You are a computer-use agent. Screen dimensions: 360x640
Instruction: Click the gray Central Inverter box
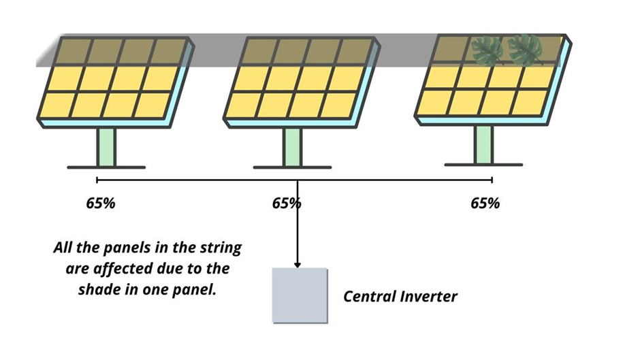tap(300, 295)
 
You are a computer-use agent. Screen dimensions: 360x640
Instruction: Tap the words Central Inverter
tap(400, 296)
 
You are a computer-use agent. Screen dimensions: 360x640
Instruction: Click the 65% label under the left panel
tap(100, 203)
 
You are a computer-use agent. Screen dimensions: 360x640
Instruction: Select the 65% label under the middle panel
tap(286, 203)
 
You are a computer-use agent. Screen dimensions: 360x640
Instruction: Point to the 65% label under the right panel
tap(485, 203)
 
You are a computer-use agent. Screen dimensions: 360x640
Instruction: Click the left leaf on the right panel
tap(487, 51)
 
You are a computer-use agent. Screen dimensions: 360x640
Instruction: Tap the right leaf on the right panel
tap(525, 50)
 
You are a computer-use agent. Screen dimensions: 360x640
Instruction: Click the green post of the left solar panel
tap(106, 146)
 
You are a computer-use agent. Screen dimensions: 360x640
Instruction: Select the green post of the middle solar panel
tap(292, 146)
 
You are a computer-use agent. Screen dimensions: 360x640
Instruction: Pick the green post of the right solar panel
tap(483, 144)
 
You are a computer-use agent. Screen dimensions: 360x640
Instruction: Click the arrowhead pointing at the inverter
tap(298, 263)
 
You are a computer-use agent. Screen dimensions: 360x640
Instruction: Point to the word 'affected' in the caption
tap(120, 268)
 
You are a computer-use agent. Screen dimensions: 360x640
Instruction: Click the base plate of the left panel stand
tap(106, 167)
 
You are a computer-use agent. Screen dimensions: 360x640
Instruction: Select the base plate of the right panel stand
tap(483, 165)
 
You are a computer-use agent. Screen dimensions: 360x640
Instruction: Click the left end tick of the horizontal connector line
tap(97, 180)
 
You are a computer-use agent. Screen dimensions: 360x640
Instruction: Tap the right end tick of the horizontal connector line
tap(492, 180)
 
